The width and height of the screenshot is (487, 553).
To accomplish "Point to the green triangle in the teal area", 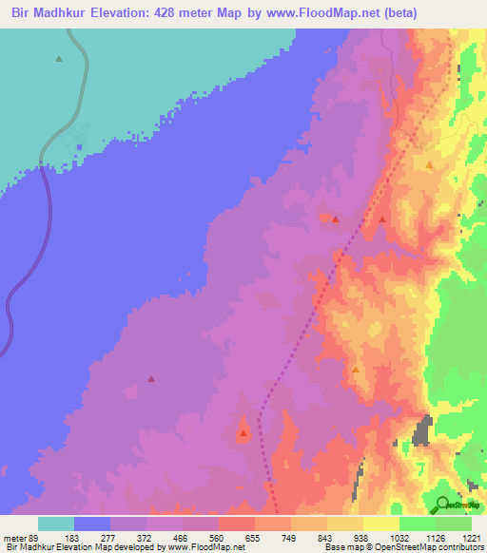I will click(x=59, y=59).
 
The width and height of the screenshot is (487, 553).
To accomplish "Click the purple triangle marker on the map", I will click(x=151, y=378).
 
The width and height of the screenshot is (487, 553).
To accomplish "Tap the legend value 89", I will click(x=37, y=537).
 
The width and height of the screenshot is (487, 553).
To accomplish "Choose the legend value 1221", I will click(x=472, y=537).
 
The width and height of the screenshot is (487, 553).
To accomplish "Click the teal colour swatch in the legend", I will click(x=56, y=524).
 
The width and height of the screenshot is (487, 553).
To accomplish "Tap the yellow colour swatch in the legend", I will click(x=380, y=524).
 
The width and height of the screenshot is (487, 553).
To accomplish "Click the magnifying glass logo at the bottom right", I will click(x=441, y=504).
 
